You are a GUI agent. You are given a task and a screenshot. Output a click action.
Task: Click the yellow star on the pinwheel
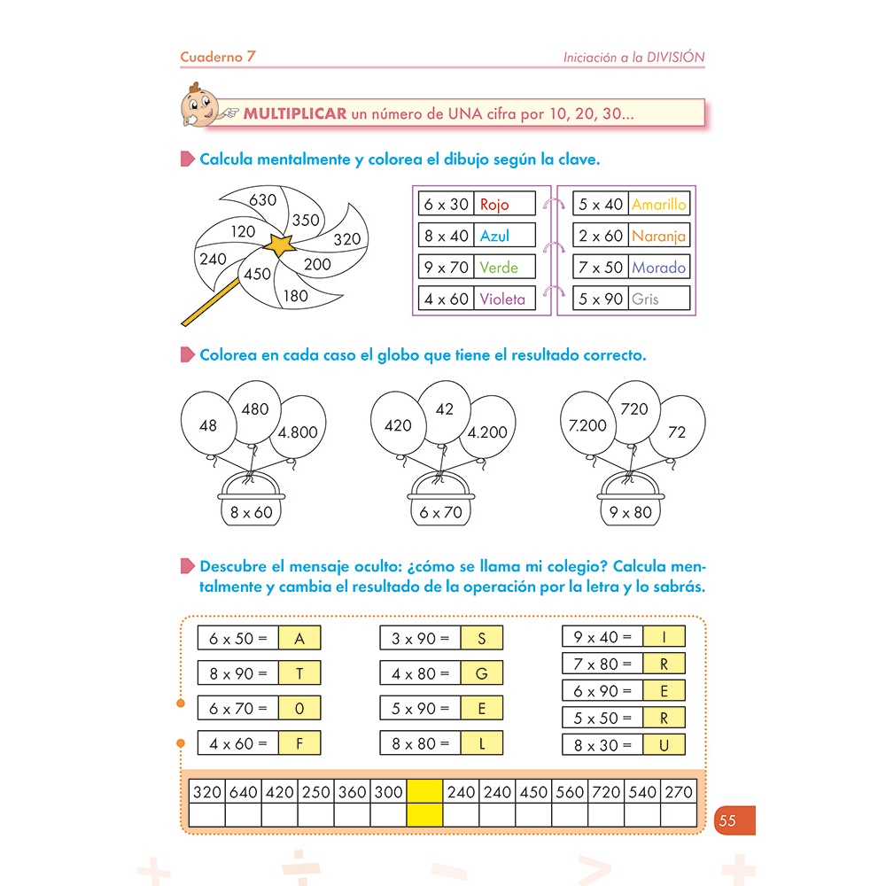[x=281, y=245]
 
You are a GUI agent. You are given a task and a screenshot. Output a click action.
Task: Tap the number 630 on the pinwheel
[x=263, y=200]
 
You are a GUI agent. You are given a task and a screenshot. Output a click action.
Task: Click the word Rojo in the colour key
[x=494, y=205]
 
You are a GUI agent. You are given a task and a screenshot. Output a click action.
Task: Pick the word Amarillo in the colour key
[x=658, y=205]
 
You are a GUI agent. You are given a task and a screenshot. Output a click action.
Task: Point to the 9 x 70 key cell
[x=447, y=267]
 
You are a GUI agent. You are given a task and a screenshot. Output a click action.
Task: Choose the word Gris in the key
[x=645, y=299]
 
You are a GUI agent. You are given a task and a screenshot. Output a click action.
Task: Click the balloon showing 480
[x=254, y=410]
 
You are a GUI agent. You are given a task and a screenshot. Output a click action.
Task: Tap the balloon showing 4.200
[x=486, y=432]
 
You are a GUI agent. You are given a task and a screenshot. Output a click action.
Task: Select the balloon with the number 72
[x=677, y=432]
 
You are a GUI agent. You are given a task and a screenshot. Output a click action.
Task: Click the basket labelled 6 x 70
[x=441, y=511]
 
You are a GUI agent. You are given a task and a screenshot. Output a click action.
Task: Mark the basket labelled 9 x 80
[x=631, y=511]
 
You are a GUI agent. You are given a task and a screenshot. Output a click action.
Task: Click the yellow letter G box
[x=482, y=673]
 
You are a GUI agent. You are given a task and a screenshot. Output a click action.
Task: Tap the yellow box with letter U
[x=664, y=745]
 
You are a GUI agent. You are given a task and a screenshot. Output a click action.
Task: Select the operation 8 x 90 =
[x=237, y=673]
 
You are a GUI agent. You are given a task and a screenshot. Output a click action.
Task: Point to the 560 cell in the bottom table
[x=570, y=792]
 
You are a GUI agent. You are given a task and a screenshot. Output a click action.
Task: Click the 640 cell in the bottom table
[x=244, y=792]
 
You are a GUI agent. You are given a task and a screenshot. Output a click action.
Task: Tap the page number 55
[x=727, y=820]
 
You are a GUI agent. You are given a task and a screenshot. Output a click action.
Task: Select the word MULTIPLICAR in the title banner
[x=295, y=113]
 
